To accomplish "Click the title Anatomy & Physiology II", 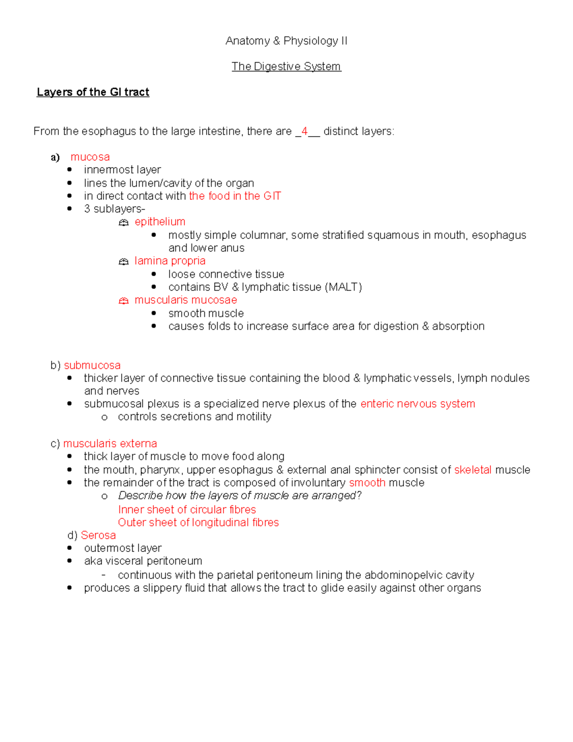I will [x=286, y=41].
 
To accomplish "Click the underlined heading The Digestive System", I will [x=286, y=66].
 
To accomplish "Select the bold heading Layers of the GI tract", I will [x=93, y=92].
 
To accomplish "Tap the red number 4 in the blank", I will [x=304, y=131].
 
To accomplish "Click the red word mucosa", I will [x=90, y=157].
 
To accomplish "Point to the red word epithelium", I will [x=159, y=222].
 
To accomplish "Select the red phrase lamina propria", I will [x=170, y=261].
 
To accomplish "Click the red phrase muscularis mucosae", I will [x=185, y=300].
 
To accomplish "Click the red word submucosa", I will [x=92, y=366].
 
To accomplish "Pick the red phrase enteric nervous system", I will [x=417, y=404].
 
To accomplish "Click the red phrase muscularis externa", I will [x=110, y=443].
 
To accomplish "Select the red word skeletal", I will [x=472, y=470].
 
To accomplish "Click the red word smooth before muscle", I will [x=367, y=483].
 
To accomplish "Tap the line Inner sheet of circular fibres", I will [x=187, y=510].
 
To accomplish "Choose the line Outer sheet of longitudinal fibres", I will [x=198, y=523].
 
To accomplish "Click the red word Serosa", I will [x=98, y=535].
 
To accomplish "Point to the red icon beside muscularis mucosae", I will [x=124, y=301].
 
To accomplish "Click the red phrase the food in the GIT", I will [x=234, y=196].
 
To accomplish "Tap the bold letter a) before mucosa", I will [x=55, y=157].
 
